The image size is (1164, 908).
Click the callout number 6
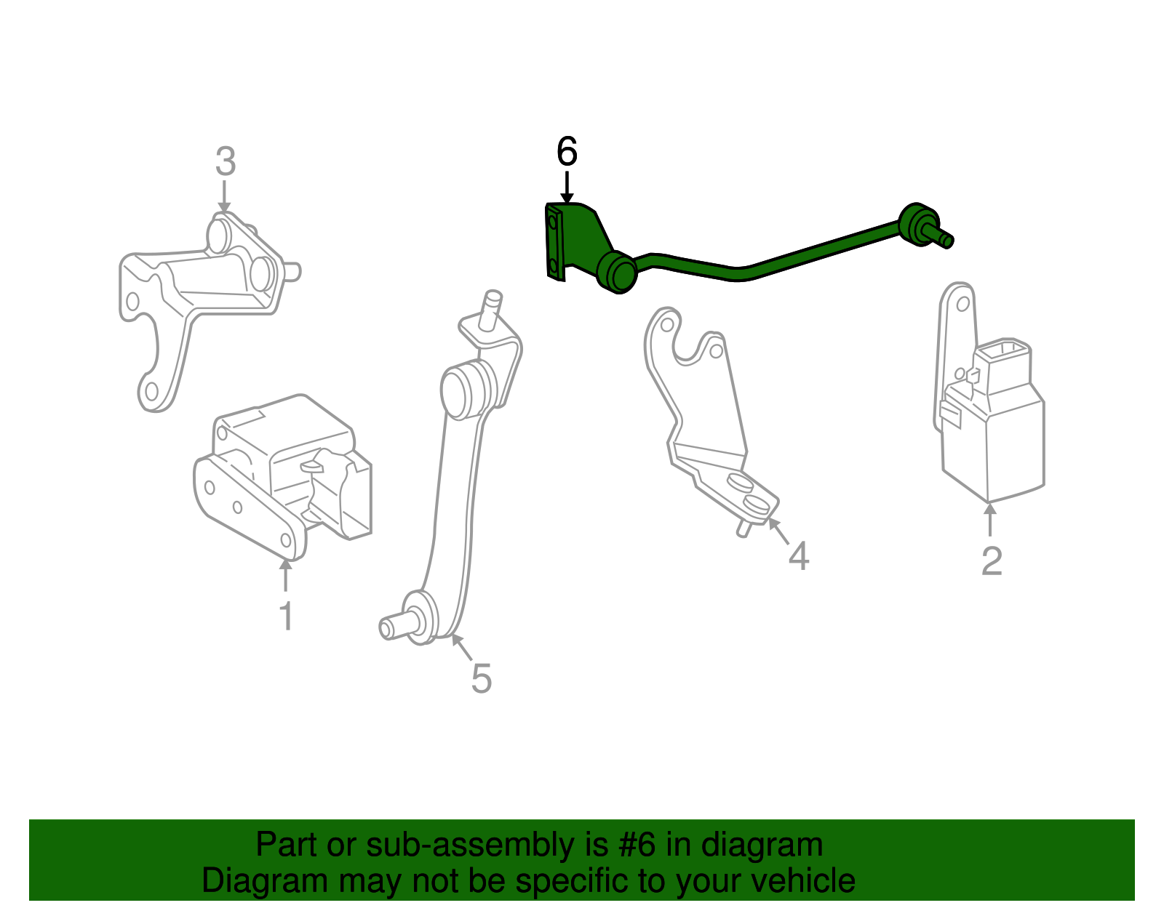pos(567,152)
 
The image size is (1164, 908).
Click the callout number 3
pos(226,161)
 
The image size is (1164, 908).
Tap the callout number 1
pos(286,616)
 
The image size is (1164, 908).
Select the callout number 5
pos(481,678)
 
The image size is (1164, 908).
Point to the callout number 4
pos(799,556)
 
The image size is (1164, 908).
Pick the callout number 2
pos(992,561)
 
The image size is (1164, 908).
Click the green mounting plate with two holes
pos(554,242)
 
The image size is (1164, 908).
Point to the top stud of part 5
pos(490,306)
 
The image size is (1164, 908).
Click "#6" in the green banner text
pos(637,845)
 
